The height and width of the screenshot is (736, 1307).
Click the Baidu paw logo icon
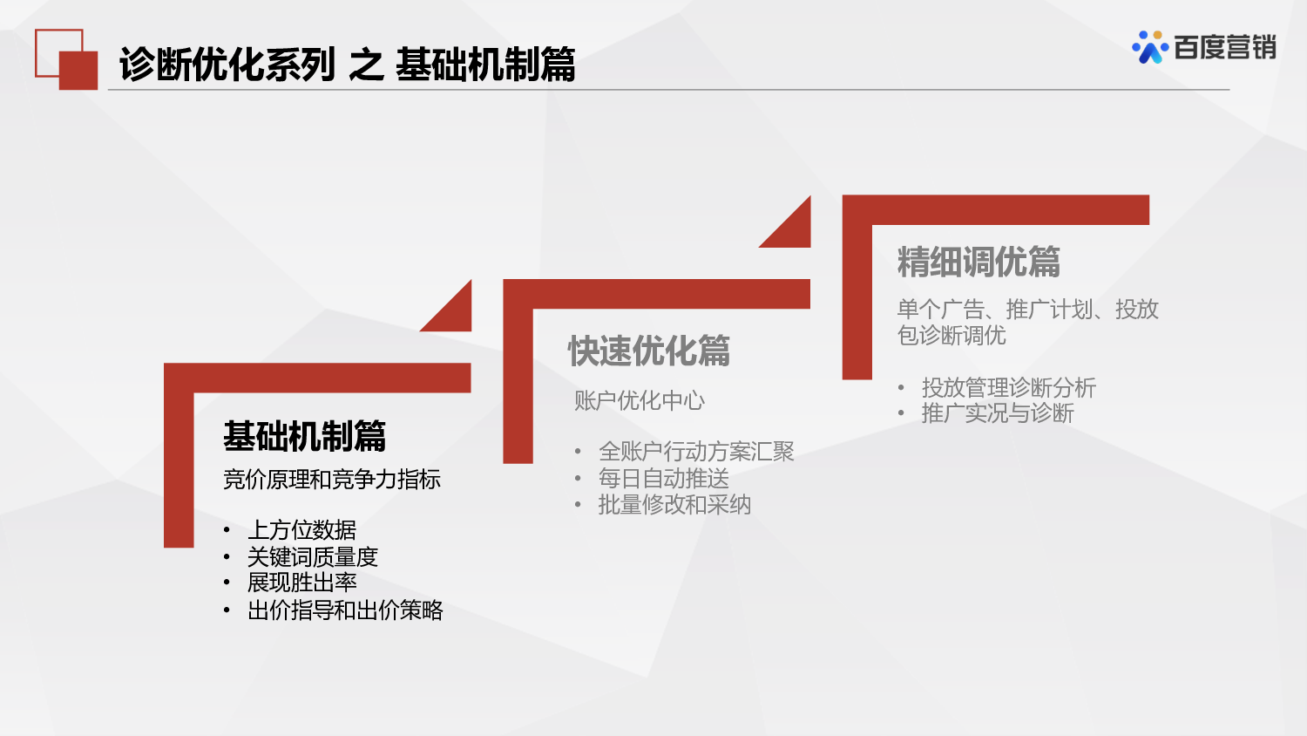[x=1149, y=48]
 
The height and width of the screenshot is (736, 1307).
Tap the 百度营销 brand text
[x=1224, y=48]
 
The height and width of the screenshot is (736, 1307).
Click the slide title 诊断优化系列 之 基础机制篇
[x=347, y=65]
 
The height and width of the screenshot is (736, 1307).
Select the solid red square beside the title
[x=78, y=71]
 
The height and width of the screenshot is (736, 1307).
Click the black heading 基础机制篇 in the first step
[x=304, y=436]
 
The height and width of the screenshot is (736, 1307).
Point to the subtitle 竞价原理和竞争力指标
[x=332, y=480]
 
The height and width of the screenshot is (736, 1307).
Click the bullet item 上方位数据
[x=301, y=530]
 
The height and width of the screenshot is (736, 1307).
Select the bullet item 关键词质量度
[x=313, y=556]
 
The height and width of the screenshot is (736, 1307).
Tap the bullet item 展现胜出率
[x=301, y=583]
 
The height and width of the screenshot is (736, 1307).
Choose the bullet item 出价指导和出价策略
[x=345, y=610]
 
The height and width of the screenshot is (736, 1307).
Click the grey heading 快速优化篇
[x=649, y=351]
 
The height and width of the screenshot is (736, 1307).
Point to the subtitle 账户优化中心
[x=640, y=401]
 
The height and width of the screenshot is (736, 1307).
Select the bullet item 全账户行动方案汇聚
[x=696, y=452]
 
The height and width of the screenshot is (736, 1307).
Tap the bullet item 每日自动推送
[x=664, y=479]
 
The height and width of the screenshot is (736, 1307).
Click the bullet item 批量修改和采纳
[x=674, y=505]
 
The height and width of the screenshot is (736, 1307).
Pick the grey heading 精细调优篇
[x=979, y=262]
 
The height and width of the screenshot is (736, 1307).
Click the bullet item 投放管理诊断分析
[x=1008, y=387]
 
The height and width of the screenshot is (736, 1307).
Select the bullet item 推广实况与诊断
[x=998, y=413]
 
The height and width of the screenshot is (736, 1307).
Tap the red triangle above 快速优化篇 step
[x=794, y=229]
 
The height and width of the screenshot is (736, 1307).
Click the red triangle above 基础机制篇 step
[x=455, y=313]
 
